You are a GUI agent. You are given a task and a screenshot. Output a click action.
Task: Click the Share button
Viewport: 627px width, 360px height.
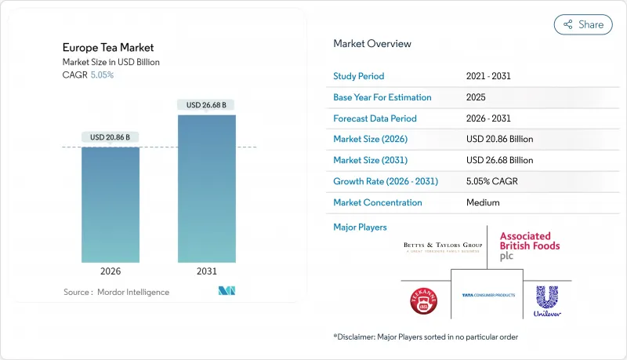[x=583, y=24]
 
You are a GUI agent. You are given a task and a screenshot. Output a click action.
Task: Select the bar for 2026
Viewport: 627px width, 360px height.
[x=111, y=205]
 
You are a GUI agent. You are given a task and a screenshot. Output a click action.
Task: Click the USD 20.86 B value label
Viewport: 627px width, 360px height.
[x=111, y=137]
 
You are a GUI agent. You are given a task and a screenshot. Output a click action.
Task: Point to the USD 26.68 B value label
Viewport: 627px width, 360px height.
[x=206, y=104]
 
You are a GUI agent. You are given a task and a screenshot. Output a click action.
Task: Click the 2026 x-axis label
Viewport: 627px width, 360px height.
[x=111, y=271]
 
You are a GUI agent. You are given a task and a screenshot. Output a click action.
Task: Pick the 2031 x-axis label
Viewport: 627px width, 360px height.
[x=206, y=271]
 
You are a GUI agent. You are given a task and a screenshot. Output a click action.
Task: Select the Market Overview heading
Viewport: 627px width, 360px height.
[x=371, y=44]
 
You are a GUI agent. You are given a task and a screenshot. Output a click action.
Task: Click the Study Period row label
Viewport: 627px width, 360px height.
[x=359, y=76]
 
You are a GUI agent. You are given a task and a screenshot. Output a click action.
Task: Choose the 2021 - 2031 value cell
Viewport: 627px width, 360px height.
[x=490, y=76]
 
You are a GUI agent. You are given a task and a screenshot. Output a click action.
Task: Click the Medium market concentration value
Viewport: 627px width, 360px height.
[x=484, y=202]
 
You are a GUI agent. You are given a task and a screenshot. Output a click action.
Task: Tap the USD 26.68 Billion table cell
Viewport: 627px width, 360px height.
[x=499, y=160]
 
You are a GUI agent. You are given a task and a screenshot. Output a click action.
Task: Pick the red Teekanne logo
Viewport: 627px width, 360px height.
[x=424, y=300]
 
